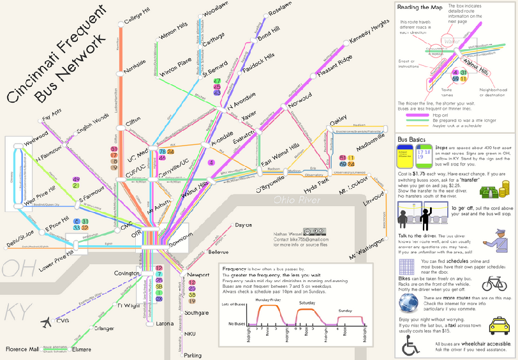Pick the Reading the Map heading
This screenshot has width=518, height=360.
(420, 8)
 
